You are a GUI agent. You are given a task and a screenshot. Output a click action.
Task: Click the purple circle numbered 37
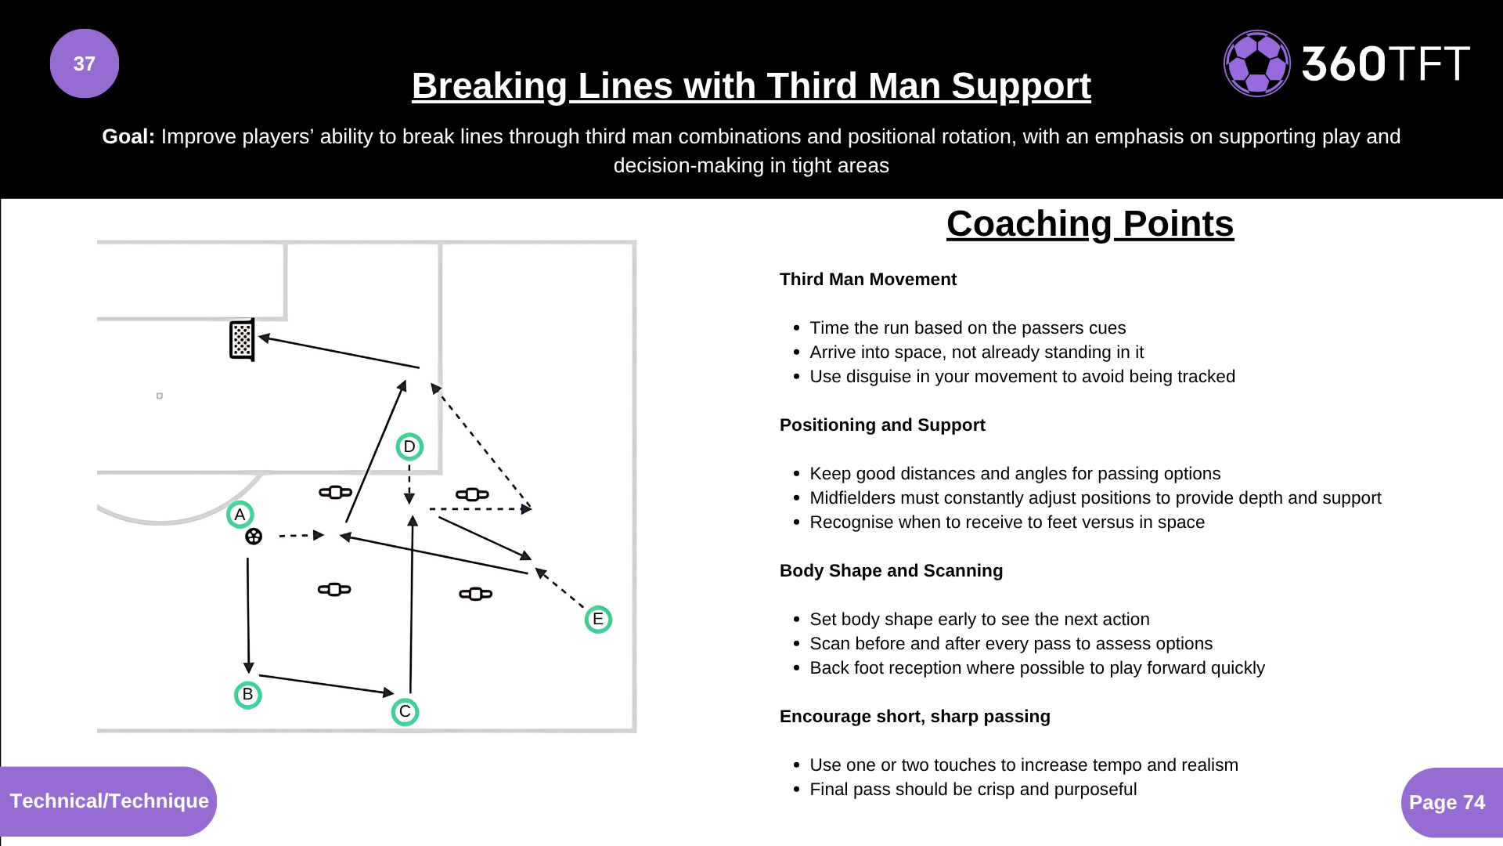point(85,63)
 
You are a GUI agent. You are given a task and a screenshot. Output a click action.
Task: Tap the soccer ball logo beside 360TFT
point(1256,63)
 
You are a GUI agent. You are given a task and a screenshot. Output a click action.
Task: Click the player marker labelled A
point(240,515)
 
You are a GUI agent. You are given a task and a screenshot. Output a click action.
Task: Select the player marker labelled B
point(247,695)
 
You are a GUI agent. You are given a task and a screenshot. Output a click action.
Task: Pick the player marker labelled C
point(405,712)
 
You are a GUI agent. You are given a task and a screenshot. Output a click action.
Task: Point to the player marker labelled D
point(409,446)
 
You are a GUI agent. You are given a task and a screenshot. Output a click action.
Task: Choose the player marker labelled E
point(598,620)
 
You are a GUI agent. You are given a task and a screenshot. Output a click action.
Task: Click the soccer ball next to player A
point(254,537)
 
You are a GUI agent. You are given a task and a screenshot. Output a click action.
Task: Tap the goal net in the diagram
point(242,340)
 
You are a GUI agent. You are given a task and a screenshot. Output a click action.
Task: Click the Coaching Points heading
point(1090,224)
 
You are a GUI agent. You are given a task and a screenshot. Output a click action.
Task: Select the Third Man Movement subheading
point(867,280)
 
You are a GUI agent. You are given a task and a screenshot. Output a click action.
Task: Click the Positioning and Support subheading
point(882,425)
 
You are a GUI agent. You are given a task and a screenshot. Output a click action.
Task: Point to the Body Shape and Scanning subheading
point(891,571)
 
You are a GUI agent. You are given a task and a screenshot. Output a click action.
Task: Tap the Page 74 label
point(1447,802)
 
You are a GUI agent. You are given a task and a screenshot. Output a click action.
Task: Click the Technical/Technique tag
point(109,801)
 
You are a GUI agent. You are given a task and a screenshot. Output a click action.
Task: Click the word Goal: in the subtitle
point(128,137)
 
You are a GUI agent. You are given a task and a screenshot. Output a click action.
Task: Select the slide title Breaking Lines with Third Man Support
point(751,86)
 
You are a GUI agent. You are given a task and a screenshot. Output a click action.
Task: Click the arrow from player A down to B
point(248,615)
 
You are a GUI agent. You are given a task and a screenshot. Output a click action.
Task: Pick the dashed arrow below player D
point(409,483)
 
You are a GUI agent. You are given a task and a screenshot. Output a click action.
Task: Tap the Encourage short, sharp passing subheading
point(914,717)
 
